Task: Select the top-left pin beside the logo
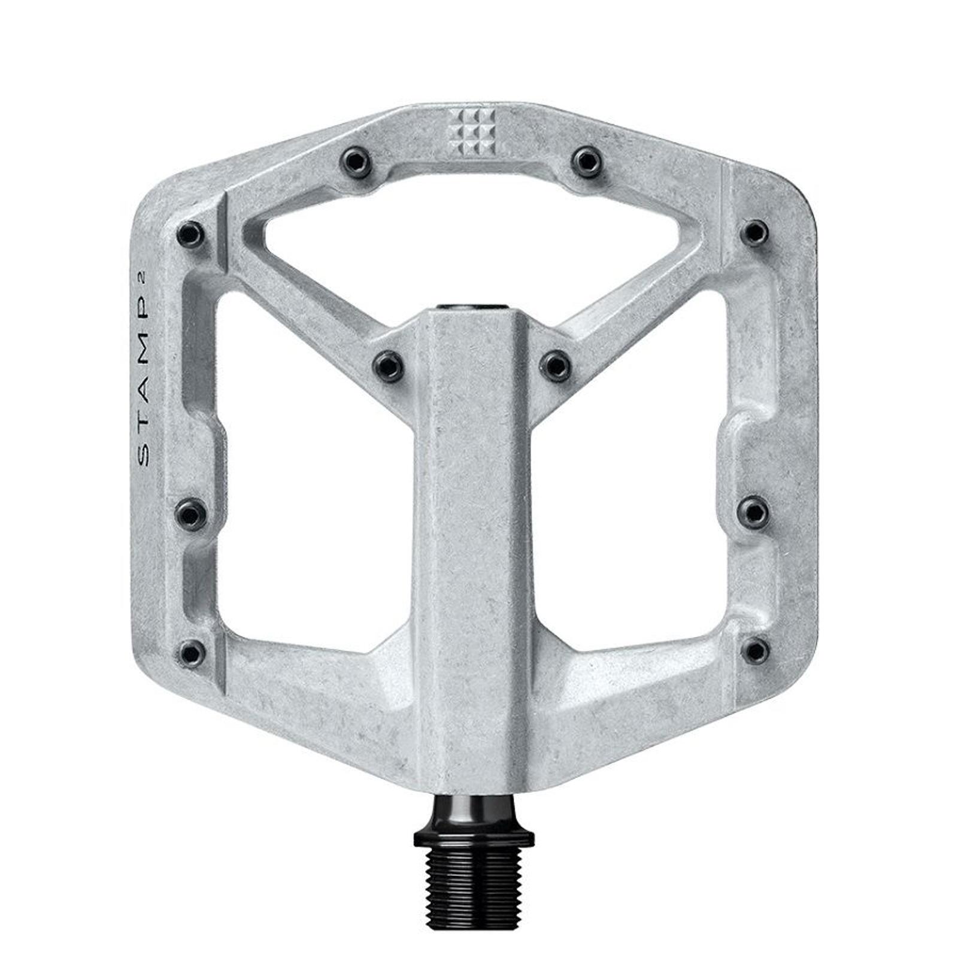coord(356,160)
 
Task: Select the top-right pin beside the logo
coord(585,160)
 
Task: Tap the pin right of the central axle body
coord(556,363)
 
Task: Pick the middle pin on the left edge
coord(192,513)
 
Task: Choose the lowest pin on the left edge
coord(192,651)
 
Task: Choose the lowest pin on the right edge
coord(756,650)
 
